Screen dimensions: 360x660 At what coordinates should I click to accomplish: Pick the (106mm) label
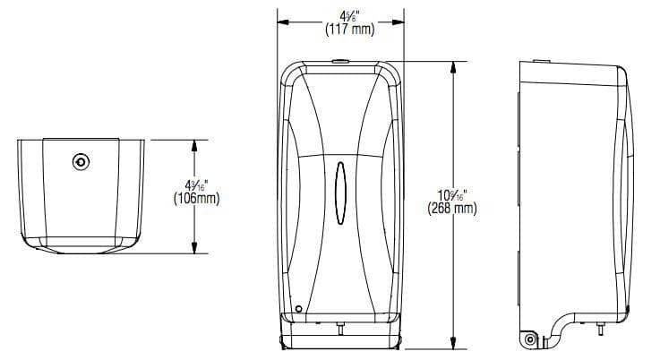(x=197, y=199)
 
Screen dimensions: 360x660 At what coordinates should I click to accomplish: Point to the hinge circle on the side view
(x=530, y=338)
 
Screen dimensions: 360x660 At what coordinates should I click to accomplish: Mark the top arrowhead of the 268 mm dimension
(x=459, y=64)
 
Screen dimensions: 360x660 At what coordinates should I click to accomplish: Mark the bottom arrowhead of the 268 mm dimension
(x=459, y=344)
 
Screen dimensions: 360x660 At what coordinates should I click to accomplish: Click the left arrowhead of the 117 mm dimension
(x=280, y=21)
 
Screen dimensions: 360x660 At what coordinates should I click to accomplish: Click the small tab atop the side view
(x=544, y=63)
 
